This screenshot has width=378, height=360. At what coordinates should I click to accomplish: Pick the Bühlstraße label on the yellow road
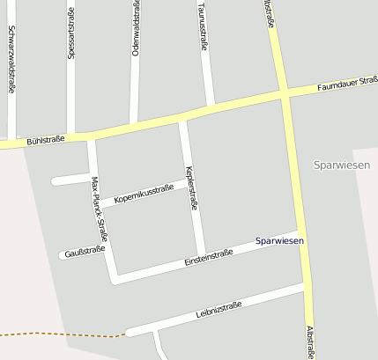point(46,140)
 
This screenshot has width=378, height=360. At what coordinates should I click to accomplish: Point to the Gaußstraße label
point(85,253)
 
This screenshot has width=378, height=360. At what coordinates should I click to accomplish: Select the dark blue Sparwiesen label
point(279,240)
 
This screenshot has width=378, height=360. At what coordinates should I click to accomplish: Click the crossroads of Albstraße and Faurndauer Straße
point(285,92)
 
